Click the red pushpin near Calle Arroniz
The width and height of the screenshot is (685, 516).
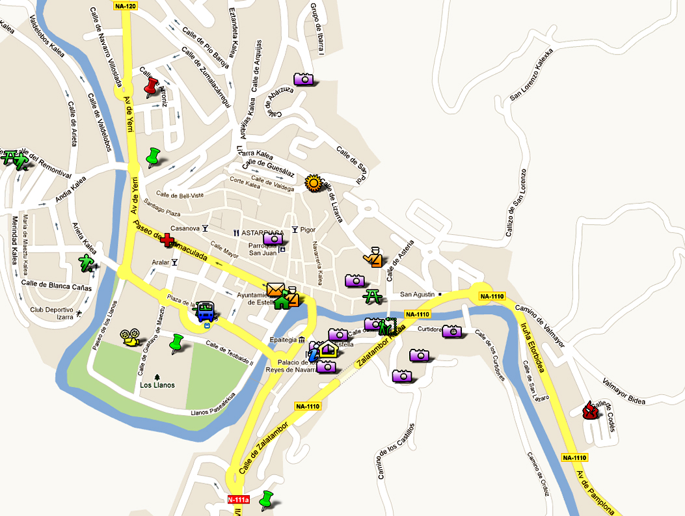point(151,87)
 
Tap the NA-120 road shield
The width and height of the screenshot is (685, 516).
point(125,6)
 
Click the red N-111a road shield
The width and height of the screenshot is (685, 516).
point(238,500)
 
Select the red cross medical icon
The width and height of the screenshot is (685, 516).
point(167,241)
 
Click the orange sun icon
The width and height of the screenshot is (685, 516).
point(314,183)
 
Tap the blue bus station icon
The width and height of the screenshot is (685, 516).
point(206,310)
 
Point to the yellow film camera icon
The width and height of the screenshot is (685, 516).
point(130,337)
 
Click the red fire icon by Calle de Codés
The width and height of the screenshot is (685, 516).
point(590,411)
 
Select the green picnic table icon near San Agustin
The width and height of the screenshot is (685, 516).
point(373,296)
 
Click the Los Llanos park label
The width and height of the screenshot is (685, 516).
point(157,385)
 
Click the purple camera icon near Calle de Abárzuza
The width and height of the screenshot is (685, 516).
point(304,79)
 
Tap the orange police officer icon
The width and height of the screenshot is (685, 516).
point(373,257)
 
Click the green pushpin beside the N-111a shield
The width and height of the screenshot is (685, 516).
point(266,500)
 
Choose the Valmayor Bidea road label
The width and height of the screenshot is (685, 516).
point(624,391)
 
